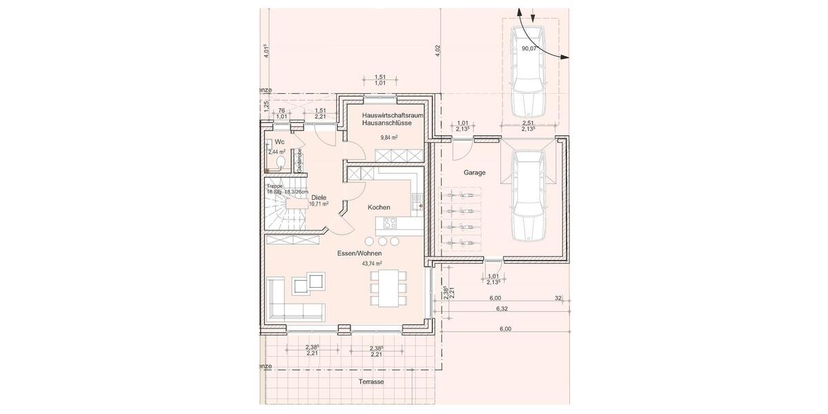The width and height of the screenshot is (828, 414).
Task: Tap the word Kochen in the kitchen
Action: (x=379, y=207)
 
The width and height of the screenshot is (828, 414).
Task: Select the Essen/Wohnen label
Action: (x=359, y=253)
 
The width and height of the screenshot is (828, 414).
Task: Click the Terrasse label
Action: (x=371, y=382)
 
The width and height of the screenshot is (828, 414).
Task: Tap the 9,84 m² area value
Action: (x=391, y=137)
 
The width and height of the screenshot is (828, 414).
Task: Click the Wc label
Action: (x=279, y=141)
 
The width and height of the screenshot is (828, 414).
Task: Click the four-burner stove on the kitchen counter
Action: (x=388, y=223)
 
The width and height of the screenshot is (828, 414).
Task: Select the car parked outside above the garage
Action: (x=528, y=71)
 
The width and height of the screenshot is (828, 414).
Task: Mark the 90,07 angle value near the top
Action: (x=530, y=49)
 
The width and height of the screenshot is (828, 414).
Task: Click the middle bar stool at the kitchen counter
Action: (x=382, y=241)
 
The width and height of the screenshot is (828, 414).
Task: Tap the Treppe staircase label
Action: (x=275, y=186)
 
